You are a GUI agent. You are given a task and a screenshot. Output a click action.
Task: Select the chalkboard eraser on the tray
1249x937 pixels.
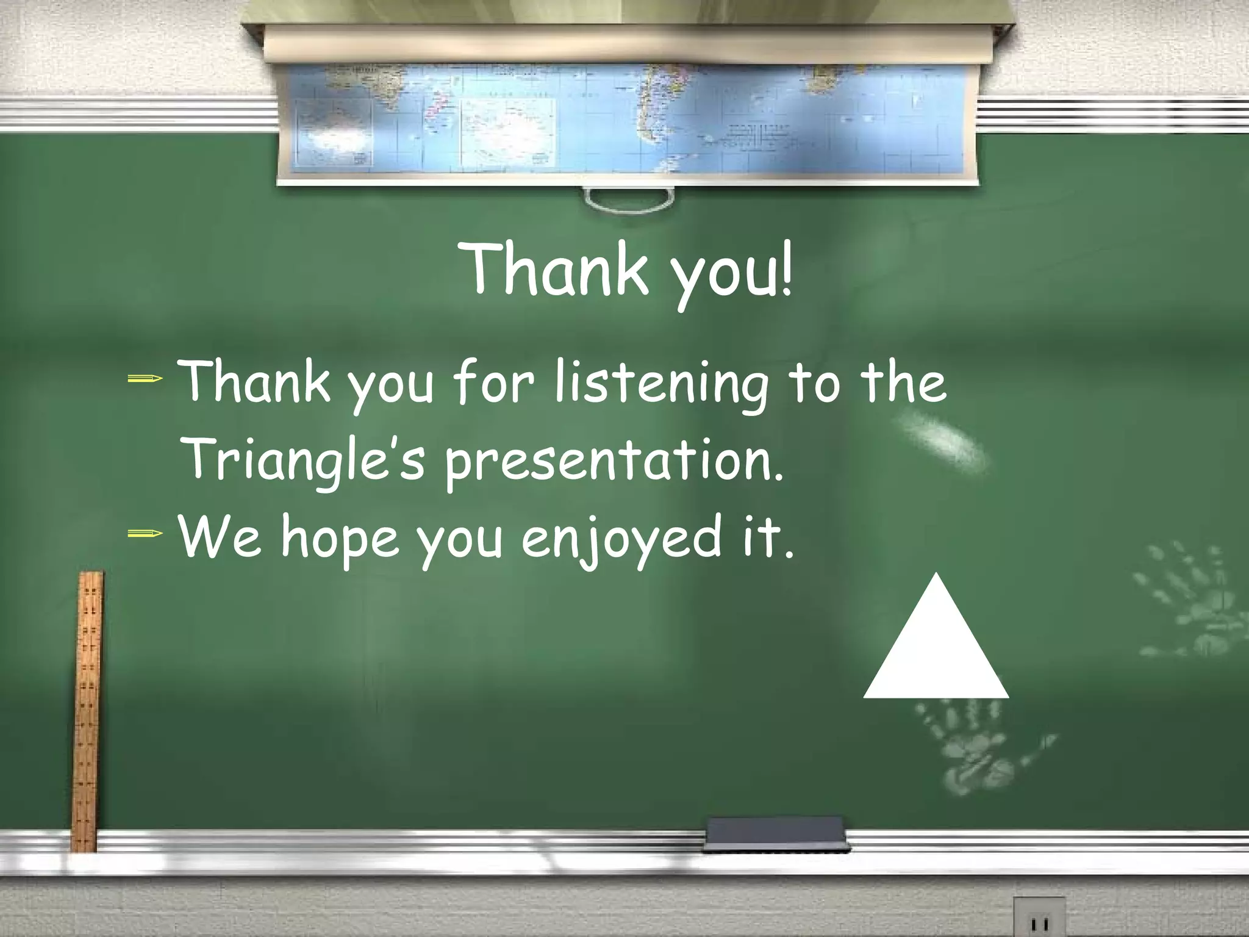click(x=776, y=835)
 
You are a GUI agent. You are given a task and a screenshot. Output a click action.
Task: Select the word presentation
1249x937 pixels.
click(x=613, y=462)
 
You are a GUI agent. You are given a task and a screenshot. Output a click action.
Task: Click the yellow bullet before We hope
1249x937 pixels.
click(x=145, y=534)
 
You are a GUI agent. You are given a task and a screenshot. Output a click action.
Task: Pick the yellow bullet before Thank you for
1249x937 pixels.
click(x=145, y=380)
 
